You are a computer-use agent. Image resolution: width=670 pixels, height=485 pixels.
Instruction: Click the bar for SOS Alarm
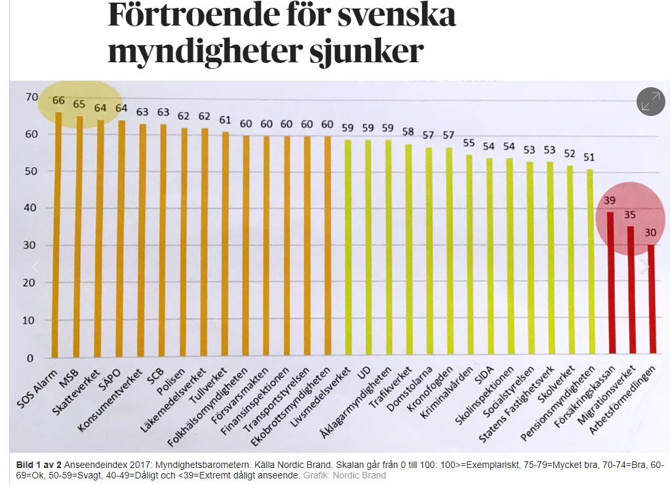click(x=58, y=236)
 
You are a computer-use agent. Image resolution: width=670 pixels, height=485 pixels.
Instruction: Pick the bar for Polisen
click(x=184, y=242)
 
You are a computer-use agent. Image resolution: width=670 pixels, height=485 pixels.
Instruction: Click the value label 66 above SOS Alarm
click(x=58, y=101)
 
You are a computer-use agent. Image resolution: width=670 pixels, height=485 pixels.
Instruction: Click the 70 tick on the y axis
click(x=31, y=97)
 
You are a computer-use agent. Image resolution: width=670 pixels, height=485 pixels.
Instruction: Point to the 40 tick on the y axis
click(x=31, y=209)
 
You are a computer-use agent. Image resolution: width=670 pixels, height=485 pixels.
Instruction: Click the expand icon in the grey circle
click(x=650, y=102)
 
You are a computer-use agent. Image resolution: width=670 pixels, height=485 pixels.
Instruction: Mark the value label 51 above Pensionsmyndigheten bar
click(x=589, y=157)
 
